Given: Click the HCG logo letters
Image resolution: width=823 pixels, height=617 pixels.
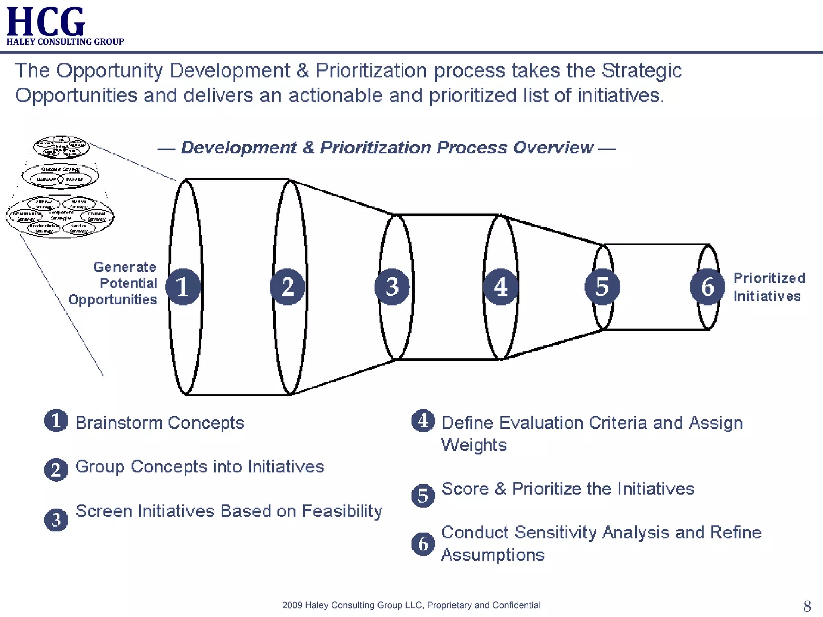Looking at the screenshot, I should (x=45, y=22).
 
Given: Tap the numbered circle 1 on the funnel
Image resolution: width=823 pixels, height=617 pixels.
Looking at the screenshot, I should (x=183, y=287).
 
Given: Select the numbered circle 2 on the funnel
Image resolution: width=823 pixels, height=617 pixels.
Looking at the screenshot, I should (x=287, y=287).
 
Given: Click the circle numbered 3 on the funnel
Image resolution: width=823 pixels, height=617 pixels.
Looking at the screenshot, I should (x=392, y=287).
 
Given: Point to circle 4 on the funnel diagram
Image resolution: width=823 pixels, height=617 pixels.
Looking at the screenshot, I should (x=500, y=287).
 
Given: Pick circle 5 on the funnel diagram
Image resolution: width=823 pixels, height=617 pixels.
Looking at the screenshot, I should (x=602, y=287).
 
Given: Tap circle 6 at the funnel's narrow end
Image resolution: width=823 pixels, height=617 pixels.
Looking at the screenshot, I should (x=707, y=287).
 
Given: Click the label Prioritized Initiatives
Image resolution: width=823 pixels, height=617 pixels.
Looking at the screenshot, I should (x=768, y=287).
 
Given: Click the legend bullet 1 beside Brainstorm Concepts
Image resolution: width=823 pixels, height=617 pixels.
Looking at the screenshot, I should (x=56, y=421).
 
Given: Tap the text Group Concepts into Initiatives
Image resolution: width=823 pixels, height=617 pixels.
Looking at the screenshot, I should (x=200, y=467).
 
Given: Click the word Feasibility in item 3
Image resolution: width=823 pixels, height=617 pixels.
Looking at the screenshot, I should (x=342, y=511).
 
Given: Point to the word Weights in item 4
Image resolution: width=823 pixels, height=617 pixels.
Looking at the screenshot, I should (x=474, y=445).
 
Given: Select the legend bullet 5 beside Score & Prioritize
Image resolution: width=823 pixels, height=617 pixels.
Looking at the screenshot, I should (x=423, y=496).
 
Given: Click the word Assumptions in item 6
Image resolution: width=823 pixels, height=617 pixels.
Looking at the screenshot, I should (x=493, y=555).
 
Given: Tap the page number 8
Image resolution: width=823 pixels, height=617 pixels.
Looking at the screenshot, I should (x=807, y=606).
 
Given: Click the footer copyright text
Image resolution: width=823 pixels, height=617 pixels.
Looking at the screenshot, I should (x=411, y=605).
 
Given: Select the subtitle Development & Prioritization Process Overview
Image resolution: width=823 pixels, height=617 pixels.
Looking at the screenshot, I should (x=387, y=147).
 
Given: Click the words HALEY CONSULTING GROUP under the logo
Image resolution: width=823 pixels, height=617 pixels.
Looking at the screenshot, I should (x=65, y=42).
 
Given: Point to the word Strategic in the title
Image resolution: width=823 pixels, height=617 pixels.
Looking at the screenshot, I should (x=641, y=71).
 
